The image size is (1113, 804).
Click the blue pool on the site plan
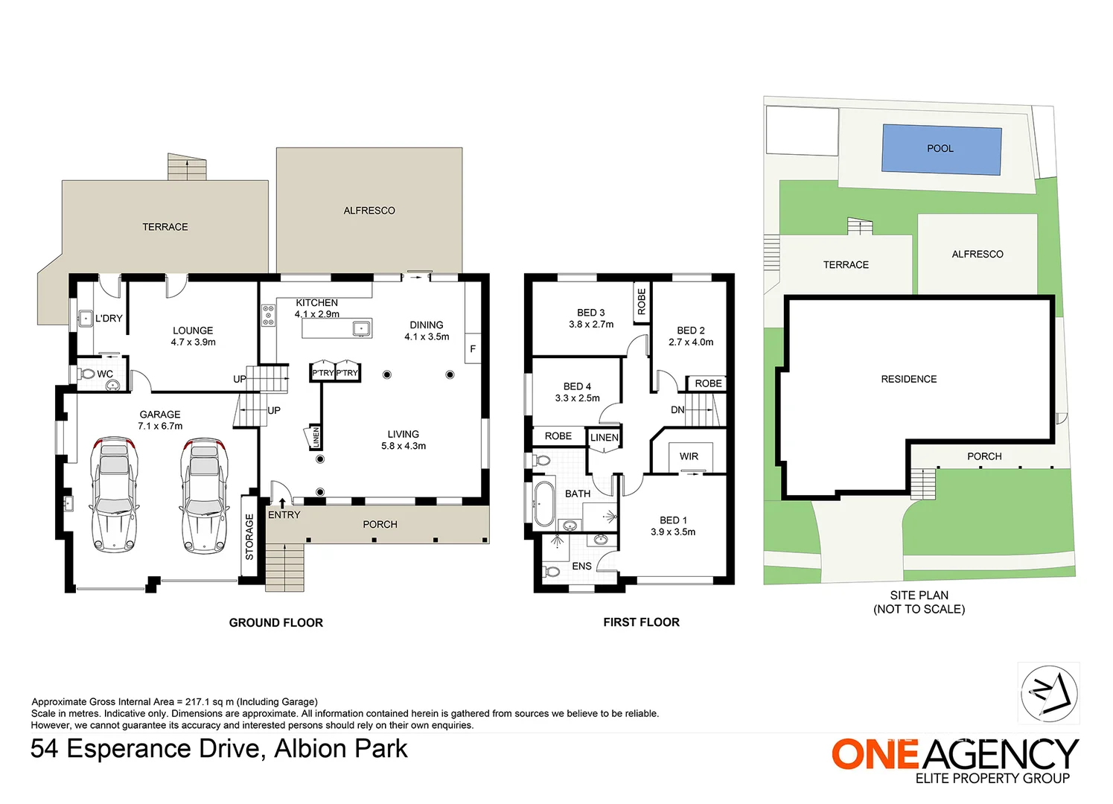pos(941,150)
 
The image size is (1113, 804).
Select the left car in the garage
pos(114,494)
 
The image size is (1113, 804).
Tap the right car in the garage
pos(203,494)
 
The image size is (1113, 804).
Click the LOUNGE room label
pos(193,331)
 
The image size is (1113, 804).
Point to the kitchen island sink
pos(362,328)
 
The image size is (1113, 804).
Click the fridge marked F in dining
pos(473,348)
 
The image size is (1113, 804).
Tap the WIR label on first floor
pos(689,456)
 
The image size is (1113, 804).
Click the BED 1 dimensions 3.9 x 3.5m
pos(673,532)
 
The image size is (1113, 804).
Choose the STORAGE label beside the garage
pos(249,537)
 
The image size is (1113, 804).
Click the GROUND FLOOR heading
pos(275,622)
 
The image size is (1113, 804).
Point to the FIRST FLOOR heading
pos(641,622)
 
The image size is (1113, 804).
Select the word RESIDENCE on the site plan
pos(908,379)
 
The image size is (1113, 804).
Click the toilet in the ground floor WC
pos(88,374)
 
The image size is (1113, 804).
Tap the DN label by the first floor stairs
pos(677,409)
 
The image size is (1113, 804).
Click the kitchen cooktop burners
pos(268,315)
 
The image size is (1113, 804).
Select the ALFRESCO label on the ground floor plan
pos(369,211)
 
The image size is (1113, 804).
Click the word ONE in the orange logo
pos(876,754)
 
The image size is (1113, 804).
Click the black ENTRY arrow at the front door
pos(282,503)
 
